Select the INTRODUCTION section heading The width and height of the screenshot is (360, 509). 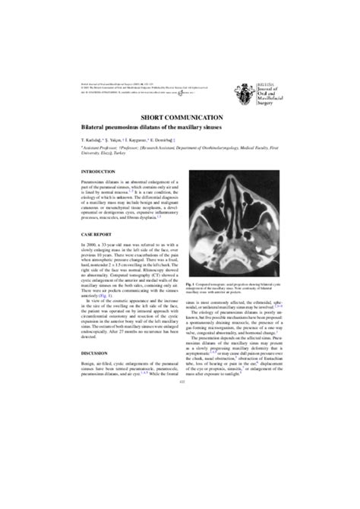point(99,172)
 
